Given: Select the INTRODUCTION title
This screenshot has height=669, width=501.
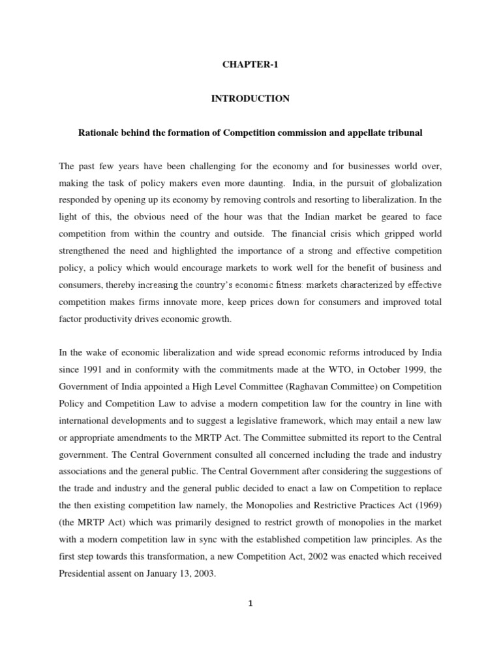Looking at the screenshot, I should coord(249,99).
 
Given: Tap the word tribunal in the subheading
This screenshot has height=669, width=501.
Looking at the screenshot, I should coord(405,133).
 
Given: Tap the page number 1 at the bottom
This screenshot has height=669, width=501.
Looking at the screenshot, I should coord(250,622).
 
